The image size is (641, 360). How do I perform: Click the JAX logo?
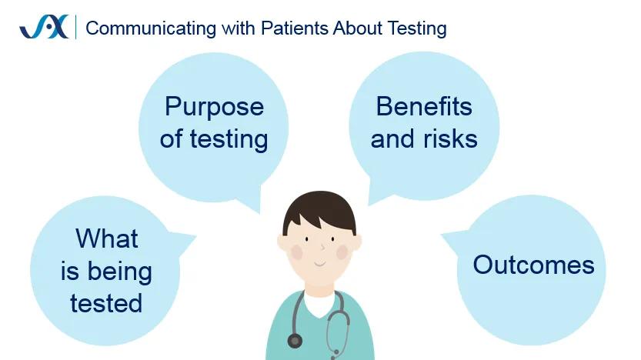(x=44, y=27)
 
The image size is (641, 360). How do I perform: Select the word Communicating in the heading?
(x=151, y=28)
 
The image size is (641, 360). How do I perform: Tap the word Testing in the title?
(x=417, y=28)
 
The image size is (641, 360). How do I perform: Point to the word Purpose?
(x=214, y=108)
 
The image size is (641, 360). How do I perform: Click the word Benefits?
(x=424, y=107)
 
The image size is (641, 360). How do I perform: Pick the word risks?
(x=450, y=139)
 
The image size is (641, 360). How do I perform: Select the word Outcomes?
(x=533, y=265)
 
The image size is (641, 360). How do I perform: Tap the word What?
(x=107, y=238)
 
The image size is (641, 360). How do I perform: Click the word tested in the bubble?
(x=106, y=303)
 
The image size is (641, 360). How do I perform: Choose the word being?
(x=120, y=272)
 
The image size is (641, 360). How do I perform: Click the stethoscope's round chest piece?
(x=295, y=341)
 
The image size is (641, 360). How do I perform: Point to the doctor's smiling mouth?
(x=319, y=264)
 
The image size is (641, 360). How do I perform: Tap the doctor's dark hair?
(x=319, y=212)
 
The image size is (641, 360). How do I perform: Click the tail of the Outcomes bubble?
(x=454, y=242)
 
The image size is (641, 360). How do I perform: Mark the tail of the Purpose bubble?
(x=250, y=200)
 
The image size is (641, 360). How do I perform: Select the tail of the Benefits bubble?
(x=378, y=192)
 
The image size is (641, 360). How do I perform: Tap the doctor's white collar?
(x=320, y=303)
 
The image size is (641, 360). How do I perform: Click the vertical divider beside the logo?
(x=76, y=27)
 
